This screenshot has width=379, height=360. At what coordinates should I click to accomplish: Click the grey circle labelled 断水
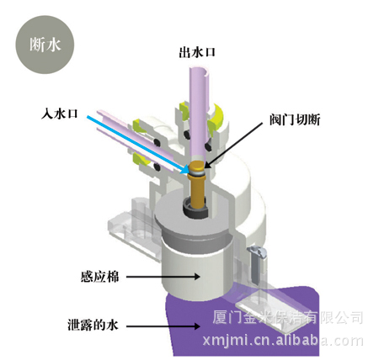45,45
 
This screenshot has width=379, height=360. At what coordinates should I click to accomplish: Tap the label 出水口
197,52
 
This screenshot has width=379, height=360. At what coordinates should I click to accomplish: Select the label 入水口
59,114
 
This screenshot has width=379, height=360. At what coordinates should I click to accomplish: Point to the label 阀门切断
295,120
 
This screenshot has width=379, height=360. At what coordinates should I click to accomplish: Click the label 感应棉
99,277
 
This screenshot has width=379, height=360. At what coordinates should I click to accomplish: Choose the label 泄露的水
93,326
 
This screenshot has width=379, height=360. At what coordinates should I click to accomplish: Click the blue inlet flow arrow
137,145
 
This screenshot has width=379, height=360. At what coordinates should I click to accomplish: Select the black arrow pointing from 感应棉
163,277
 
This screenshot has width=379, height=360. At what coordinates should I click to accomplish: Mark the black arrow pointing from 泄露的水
163,326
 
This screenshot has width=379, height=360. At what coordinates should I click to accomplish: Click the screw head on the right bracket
256,251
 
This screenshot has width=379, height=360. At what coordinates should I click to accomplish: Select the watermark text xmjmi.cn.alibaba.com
283,341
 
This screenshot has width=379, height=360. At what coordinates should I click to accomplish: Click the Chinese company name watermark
288,317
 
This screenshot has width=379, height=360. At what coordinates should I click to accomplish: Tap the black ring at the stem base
196,209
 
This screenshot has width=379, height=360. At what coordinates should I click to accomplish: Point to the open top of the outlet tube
200,70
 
